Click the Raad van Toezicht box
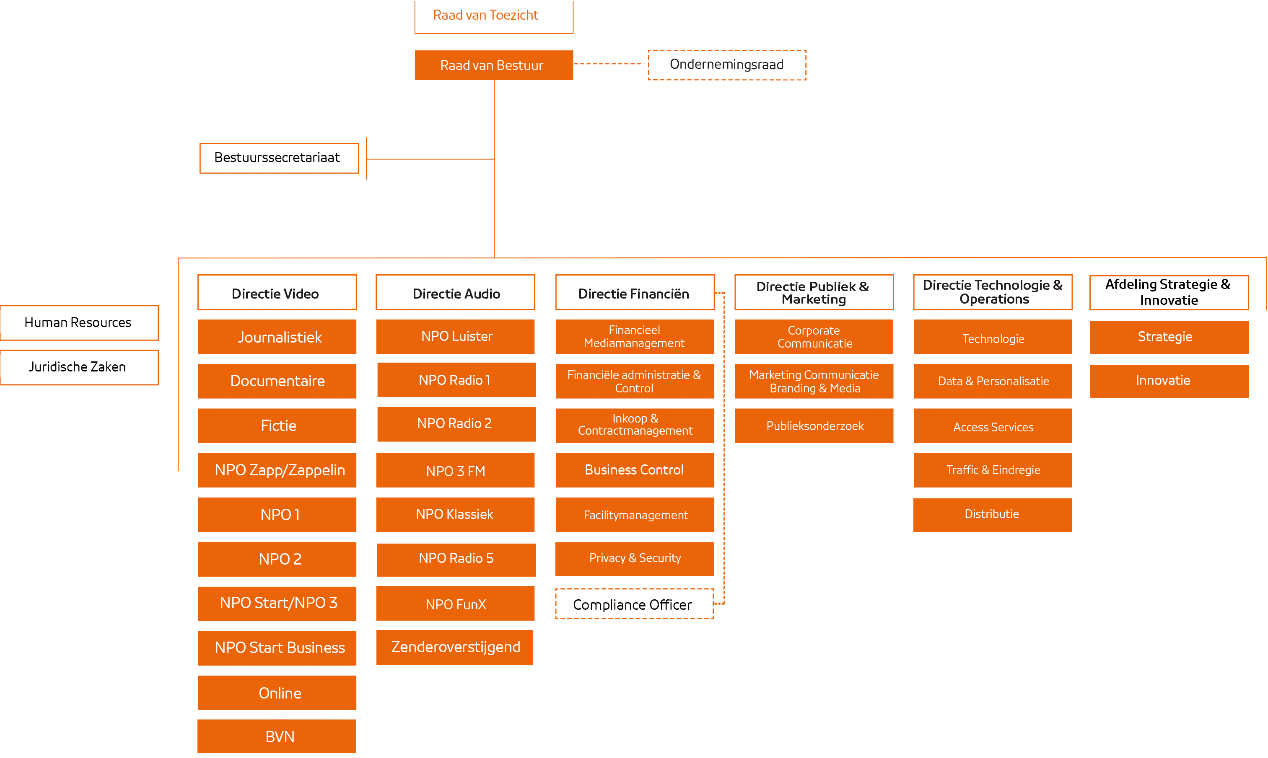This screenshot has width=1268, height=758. [x=494, y=17]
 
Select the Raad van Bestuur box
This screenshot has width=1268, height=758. [x=494, y=65]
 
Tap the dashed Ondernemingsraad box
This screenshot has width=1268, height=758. [x=727, y=65]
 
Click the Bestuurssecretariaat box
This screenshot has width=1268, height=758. [x=279, y=158]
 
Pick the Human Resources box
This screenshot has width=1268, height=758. [x=79, y=322]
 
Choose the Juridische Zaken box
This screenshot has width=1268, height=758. [x=79, y=367]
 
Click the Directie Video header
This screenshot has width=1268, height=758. [x=277, y=293]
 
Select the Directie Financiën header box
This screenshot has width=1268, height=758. [x=635, y=293]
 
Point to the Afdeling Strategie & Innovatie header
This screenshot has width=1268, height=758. [x=1169, y=292]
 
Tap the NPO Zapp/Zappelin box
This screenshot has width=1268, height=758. [x=277, y=470]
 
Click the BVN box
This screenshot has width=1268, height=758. [x=277, y=736]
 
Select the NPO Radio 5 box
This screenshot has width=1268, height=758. [x=456, y=559]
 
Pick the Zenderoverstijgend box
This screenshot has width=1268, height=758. [x=455, y=647]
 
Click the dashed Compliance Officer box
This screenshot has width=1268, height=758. [x=634, y=604]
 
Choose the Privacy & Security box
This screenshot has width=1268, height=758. [x=634, y=558]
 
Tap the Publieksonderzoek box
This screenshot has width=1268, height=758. [x=814, y=425]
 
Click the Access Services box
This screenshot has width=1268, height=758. [x=993, y=426]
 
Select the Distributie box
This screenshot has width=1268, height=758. [x=992, y=514]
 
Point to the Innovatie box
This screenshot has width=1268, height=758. [x=1169, y=381]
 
